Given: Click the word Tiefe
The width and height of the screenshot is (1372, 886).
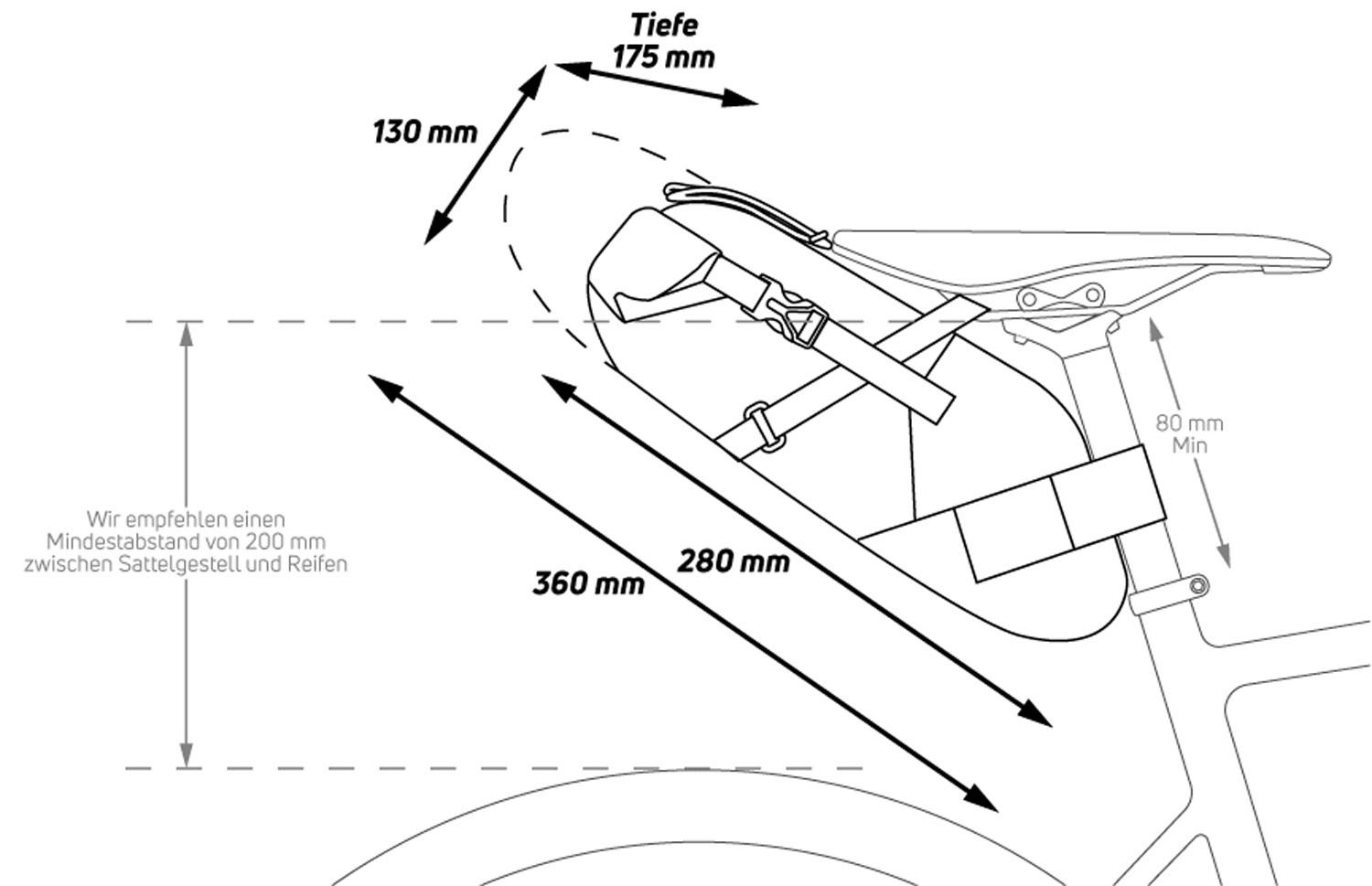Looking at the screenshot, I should [x=664, y=25].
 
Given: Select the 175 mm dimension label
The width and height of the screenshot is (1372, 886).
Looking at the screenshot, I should [x=663, y=57].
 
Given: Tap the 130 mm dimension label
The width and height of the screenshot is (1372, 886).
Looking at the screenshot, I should [x=424, y=132].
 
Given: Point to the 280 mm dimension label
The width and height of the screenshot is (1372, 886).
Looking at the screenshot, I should [x=734, y=560].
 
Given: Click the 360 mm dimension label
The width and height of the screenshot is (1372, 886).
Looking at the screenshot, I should [x=588, y=582].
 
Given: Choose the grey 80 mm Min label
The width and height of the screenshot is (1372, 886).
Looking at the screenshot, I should [x=1189, y=433].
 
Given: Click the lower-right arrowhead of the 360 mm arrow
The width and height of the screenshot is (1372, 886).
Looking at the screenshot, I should [x=986, y=801].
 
